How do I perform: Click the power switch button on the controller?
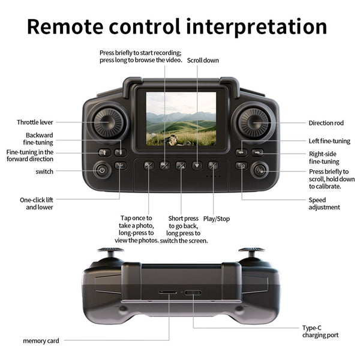pos(102,170)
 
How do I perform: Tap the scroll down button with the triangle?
pos(197,166)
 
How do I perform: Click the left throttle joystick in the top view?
pos(108,122)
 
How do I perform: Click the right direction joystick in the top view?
pos(253,122)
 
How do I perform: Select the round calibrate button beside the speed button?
pos(260,170)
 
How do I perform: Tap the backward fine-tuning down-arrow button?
pos(121,152)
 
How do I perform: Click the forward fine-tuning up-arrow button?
pos(104,152)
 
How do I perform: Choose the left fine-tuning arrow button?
pos(241,152)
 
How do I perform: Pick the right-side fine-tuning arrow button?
pos(257,152)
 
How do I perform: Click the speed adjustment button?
pos(241,166)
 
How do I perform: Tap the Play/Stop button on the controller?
pos(213,166)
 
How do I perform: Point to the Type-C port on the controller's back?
pos(193,293)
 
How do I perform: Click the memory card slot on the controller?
pos(168,292)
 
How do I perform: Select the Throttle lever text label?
pos(35,122)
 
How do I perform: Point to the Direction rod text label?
pos(326,123)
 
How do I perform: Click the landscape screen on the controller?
pos(181,119)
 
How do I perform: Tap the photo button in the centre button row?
pos(149,166)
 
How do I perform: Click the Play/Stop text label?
pos(217,218)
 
